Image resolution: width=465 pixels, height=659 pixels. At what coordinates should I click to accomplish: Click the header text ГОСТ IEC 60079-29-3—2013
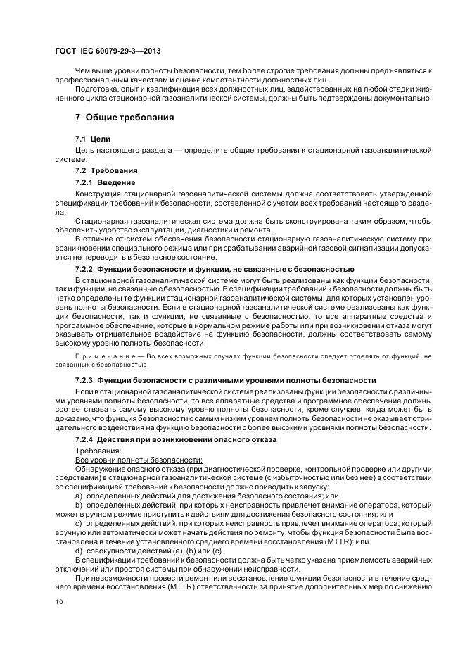tap(103, 51)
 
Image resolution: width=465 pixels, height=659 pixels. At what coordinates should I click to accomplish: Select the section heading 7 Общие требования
tap(125, 117)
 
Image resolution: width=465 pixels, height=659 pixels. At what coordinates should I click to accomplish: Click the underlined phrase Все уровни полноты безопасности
tap(119, 459)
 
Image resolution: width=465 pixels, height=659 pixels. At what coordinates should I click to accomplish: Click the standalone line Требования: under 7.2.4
tap(98, 450)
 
